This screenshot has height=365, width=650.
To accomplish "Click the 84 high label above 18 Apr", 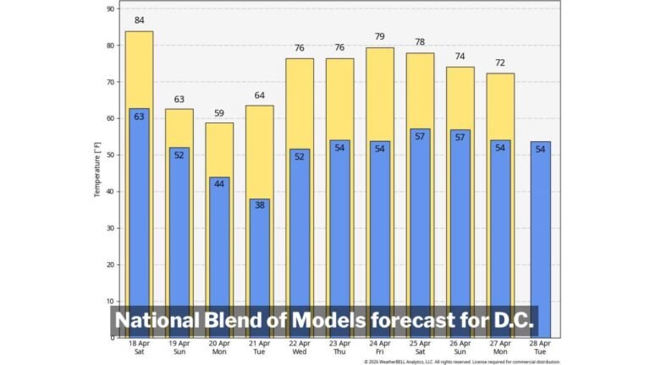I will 139,20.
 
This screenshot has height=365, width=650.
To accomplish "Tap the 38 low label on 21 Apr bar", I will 260,204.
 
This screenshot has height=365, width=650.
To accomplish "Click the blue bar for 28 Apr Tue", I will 541,237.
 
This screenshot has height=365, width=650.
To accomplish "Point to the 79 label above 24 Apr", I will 380,36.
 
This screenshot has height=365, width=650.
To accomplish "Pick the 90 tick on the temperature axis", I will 111,8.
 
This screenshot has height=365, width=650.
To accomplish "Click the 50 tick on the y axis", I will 111,155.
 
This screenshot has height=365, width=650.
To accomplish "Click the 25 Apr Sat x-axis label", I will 421,347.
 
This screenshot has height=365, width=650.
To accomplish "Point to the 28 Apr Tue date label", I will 541,347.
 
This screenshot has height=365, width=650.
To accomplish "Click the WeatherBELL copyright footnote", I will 462,362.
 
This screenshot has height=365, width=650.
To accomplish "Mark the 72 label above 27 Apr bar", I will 500,63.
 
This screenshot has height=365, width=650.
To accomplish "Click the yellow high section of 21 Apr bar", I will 260,152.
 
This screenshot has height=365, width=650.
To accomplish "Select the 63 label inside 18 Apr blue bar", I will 139,116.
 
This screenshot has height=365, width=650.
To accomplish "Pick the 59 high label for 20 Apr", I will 219,112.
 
